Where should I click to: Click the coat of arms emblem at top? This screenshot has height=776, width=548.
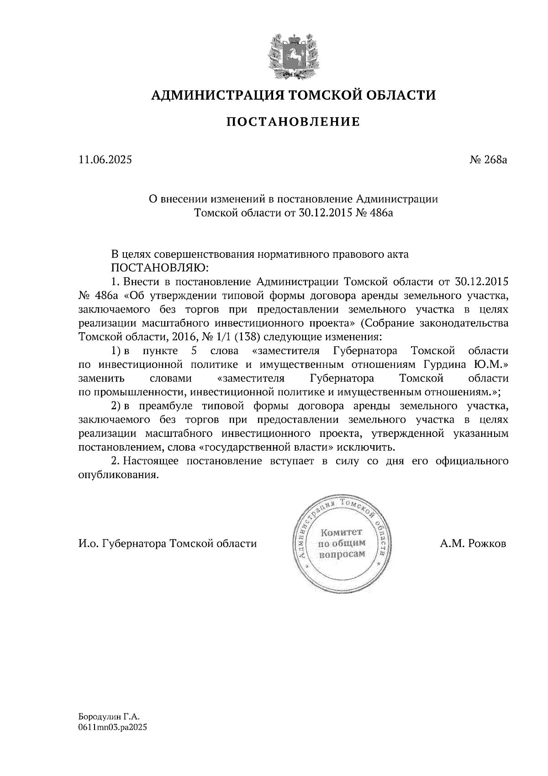tap(292, 55)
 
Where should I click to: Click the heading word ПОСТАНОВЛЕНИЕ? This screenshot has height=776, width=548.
tap(293, 122)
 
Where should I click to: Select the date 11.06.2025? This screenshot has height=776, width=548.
tap(105, 160)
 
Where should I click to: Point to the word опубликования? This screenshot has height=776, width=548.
tap(118, 474)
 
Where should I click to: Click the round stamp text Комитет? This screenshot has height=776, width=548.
tap(341, 532)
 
